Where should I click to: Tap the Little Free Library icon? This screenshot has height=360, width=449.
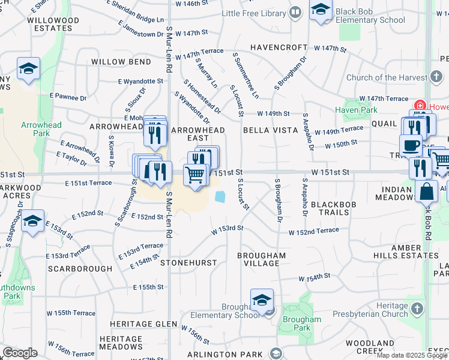pyautogui.click(x=295, y=12)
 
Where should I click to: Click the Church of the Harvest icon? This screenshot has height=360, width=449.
pyautogui.click(x=436, y=77)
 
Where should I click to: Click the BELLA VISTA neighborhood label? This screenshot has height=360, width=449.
pyautogui.click(x=271, y=130)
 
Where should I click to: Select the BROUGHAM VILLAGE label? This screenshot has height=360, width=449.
pyautogui.click(x=261, y=260)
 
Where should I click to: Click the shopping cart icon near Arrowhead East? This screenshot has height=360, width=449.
pyautogui.click(x=195, y=175)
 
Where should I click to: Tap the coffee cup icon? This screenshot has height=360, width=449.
pyautogui.click(x=412, y=145)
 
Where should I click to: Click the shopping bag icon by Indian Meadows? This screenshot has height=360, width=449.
pyautogui.click(x=426, y=191)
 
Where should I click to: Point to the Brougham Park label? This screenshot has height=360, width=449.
pyautogui.click(x=297, y=324)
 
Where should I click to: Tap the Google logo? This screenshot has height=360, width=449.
pyautogui.click(x=20, y=353)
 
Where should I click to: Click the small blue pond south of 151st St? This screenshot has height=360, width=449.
pyautogui.click(x=220, y=196)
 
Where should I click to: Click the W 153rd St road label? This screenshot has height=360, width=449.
pyautogui.click(x=228, y=229)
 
